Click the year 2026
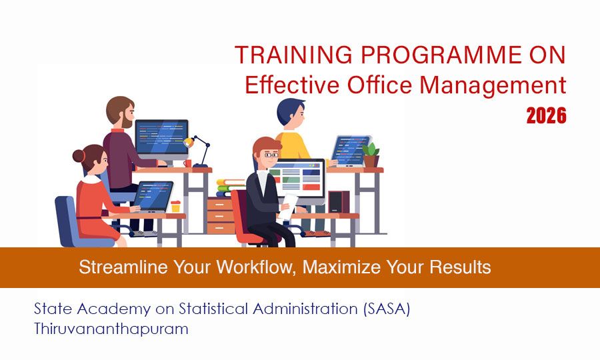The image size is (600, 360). pyautogui.click(x=546, y=116)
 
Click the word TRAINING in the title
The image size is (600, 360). pyautogui.click(x=283, y=55)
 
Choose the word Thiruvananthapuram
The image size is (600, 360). pyautogui.click(x=111, y=329)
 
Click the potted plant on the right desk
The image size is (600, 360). pyautogui.click(x=371, y=155)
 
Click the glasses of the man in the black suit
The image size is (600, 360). pyautogui.click(x=271, y=155)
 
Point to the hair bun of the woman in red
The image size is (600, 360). pyautogui.click(x=79, y=156)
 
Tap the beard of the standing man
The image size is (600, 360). pyautogui.click(x=127, y=121)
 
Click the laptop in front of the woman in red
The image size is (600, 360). pyautogui.click(x=151, y=197)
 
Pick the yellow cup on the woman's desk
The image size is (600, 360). pyautogui.click(x=175, y=207)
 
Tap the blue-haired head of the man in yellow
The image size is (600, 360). pyautogui.click(x=291, y=109)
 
